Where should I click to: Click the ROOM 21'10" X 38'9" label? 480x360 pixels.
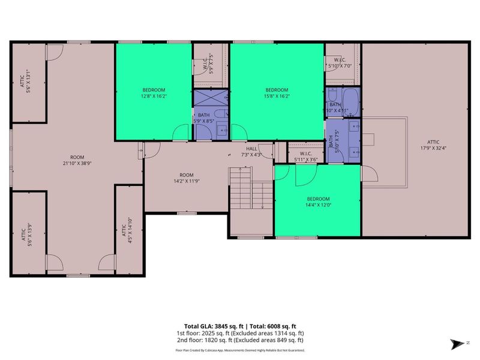(x=77, y=160)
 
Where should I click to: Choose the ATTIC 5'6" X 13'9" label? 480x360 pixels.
(x=24, y=229)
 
